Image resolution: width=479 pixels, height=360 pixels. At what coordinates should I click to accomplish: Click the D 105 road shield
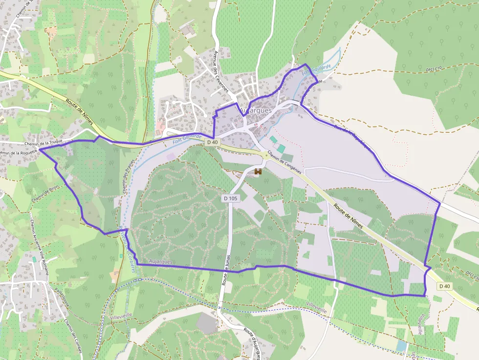[x=230, y=198]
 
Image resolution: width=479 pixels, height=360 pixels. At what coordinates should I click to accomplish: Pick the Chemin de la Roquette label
[x=19, y=153]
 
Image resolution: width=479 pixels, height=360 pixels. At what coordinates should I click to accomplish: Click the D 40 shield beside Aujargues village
[x=212, y=142]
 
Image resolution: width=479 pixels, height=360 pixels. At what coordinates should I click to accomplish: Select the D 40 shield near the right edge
[x=444, y=286]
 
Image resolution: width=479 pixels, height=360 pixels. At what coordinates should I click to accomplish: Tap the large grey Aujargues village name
[x=256, y=111]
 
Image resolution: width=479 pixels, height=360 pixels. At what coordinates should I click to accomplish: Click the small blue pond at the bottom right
[x=402, y=346]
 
